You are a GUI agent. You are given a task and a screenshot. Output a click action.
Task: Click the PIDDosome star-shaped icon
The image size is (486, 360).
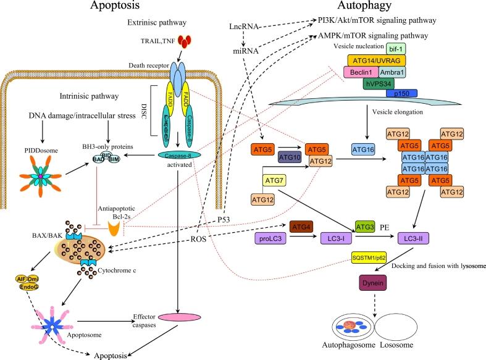click(41, 180)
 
